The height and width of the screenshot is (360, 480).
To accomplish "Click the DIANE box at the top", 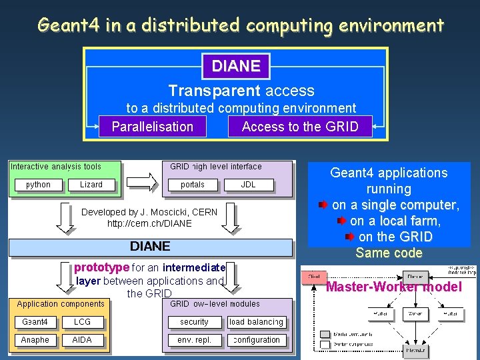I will pos(235,66).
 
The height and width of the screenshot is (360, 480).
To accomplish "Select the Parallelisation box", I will pos(153,127).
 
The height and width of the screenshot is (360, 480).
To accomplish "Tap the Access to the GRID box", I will pos(299,127).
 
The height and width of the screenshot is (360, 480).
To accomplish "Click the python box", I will pos(38,185).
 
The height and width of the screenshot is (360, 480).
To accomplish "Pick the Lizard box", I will pos(91,185).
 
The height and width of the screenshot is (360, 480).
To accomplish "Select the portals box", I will pos(193,185).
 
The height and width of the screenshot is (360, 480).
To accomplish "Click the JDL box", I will pos(248,185).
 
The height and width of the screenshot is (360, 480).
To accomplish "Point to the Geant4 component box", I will pos(35,322).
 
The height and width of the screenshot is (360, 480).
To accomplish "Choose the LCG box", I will pos(83,322).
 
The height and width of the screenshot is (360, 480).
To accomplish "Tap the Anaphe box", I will pos(35,340).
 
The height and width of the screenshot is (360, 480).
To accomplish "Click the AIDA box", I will pos(83,340).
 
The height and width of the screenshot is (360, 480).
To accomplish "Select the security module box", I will pos(194,322).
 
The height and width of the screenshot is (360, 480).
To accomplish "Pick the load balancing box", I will pos(256,322).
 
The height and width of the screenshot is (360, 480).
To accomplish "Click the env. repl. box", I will pos(194,340).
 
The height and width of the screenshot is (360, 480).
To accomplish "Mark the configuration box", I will pos(256,340).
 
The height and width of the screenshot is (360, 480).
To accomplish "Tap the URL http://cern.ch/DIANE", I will pos(149,223).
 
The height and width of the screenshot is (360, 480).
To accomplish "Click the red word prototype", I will pos(101,267).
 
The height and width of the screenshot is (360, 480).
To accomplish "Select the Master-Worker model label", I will pos(393,287).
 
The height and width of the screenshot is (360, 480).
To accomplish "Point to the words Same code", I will pos(389,253).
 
